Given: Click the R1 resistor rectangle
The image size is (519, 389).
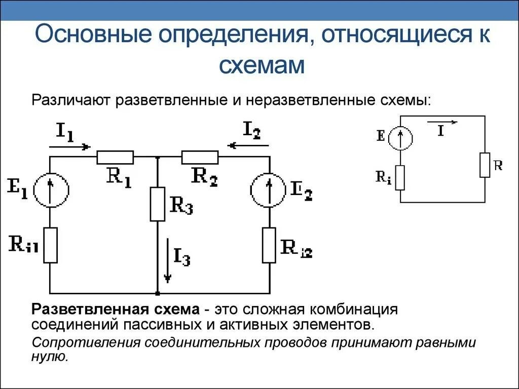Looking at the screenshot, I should coord(115,158).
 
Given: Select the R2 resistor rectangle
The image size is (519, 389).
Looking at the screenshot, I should coord(200,158).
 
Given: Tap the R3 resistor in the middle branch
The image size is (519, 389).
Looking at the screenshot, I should coord(158,204).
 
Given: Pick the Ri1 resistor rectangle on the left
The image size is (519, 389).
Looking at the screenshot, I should coord(50,245).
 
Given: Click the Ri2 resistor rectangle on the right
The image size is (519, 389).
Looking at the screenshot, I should coord(269,245).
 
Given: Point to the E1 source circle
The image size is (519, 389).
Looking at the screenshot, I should coord(50,188).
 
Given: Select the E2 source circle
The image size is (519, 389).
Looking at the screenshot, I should coord(269,188).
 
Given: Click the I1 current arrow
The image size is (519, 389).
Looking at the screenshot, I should coord(70,146).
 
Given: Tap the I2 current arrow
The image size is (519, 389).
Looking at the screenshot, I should coord(248,146).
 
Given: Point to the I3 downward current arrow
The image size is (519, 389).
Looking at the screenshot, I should coord(167,263).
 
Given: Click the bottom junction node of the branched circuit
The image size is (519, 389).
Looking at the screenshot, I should coord(158,293).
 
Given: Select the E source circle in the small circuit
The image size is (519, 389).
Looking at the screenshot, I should coord(400,137).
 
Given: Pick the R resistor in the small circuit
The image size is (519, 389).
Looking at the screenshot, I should coord(485,165).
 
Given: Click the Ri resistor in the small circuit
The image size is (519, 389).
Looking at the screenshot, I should coord(400,178).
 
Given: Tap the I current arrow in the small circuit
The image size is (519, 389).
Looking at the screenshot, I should coord(441,122).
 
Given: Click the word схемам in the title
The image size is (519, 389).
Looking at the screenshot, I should coord(262,66).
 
